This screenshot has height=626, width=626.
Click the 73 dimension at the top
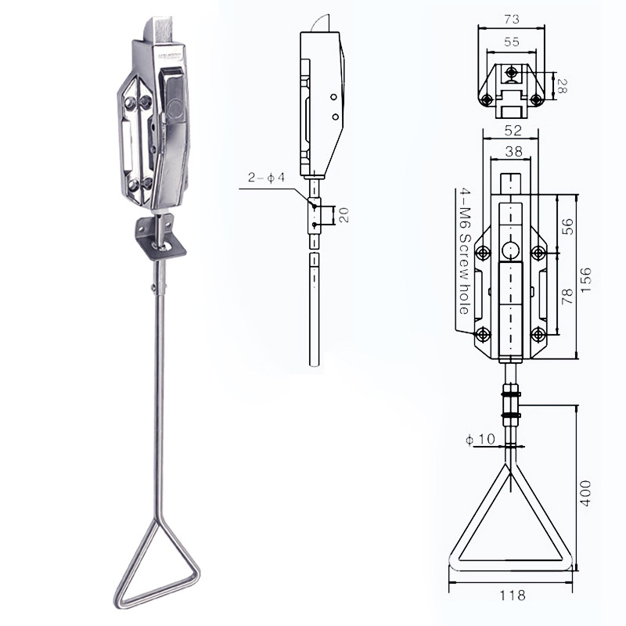pyautogui.click(x=512, y=19)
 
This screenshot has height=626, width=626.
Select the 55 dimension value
pyautogui.click(x=512, y=42)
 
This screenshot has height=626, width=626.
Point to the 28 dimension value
pyautogui.click(x=561, y=86)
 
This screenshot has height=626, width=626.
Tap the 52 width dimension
pyautogui.click(x=513, y=131)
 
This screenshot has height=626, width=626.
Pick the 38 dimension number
pyautogui.click(x=513, y=152)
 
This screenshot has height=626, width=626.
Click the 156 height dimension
pyautogui.click(x=585, y=280)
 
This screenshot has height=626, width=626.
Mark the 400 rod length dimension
pyautogui.click(x=585, y=494)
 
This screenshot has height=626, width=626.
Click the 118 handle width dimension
pyautogui.click(x=513, y=595)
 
